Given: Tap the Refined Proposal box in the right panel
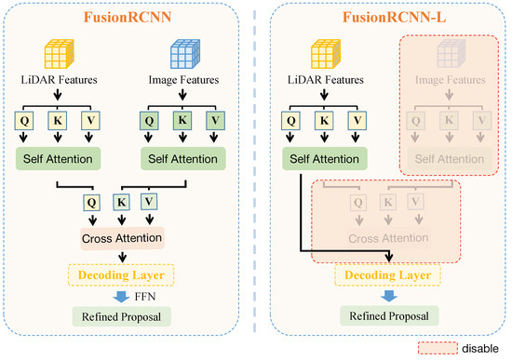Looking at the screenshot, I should pos(384,316).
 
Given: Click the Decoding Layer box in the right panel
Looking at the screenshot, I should pos(384,275).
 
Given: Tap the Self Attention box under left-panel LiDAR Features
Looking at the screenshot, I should pos(61,158).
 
